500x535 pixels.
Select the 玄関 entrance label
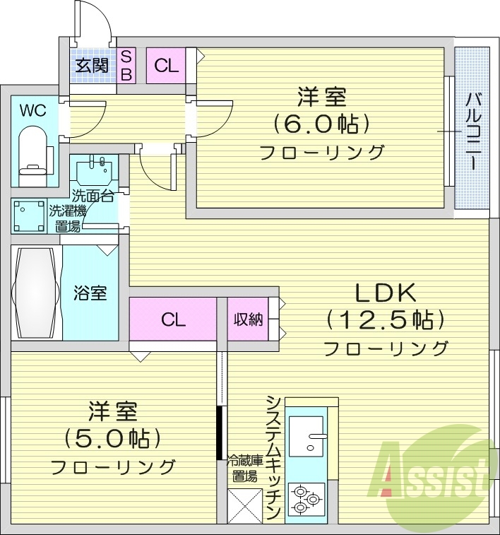[92, 66]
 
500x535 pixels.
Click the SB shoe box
[126, 66]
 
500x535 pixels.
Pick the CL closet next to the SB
[167, 66]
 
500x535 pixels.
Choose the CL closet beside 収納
[172, 319]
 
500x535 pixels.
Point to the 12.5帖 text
[386, 319]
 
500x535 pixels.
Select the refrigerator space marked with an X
[244, 504]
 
